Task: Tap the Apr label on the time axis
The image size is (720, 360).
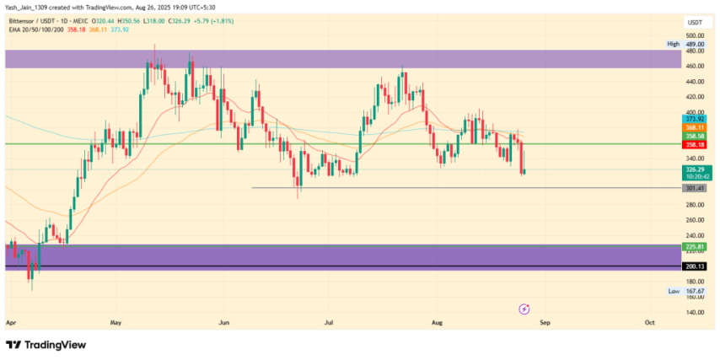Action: coord(10,322)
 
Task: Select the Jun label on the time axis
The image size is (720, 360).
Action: coord(224,322)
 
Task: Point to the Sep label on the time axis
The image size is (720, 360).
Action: coord(545,322)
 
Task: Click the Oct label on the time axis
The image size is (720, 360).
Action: coord(650,322)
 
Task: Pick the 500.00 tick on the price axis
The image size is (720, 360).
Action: coord(696,35)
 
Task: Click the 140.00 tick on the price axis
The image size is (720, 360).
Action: coord(696,312)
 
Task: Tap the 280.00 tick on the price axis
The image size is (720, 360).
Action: coord(696,204)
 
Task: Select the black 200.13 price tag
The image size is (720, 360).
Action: coord(696,266)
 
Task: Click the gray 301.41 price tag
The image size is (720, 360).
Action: coord(696,188)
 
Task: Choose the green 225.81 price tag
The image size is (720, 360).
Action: coord(696,247)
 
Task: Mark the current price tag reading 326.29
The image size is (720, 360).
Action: coord(696,169)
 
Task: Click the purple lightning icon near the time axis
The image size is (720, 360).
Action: coord(524,309)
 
